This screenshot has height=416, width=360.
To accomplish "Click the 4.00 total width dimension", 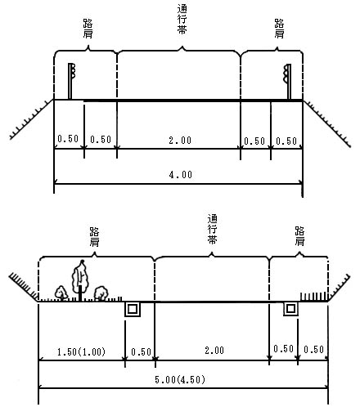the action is tap(181, 174).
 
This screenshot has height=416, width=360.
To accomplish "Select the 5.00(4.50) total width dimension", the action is tap(180, 379).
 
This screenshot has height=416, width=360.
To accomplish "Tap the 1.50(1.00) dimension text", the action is tap(81, 351).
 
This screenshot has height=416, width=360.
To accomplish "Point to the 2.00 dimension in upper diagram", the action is tap(180, 141).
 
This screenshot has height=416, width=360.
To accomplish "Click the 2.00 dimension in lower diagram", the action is tap(214, 350).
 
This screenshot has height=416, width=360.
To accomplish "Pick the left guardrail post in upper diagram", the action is tap(71, 81).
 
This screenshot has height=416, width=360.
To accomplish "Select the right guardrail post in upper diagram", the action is tap(288, 82).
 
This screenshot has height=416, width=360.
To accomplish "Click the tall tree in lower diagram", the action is tap(80, 280).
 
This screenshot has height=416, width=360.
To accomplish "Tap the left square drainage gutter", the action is tap(133, 309).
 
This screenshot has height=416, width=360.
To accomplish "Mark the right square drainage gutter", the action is tap(290, 309).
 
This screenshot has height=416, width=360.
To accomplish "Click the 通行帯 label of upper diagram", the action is tap(182, 20).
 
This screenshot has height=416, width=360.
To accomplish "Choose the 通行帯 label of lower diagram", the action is tap(212, 229).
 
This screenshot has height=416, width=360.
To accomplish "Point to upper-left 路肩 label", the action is tap(88, 29).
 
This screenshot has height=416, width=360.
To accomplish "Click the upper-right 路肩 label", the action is tap(279, 29).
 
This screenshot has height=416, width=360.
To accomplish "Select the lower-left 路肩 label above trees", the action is tap(94, 237).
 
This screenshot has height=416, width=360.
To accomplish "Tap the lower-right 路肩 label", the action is tap(299, 236).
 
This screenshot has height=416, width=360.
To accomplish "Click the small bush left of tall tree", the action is tap(61, 293).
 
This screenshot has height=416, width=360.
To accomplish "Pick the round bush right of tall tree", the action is tap(101, 293).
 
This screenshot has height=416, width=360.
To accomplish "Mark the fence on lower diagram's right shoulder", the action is tap(313, 297).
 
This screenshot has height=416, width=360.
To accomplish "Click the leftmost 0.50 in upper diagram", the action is tap(68, 139).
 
